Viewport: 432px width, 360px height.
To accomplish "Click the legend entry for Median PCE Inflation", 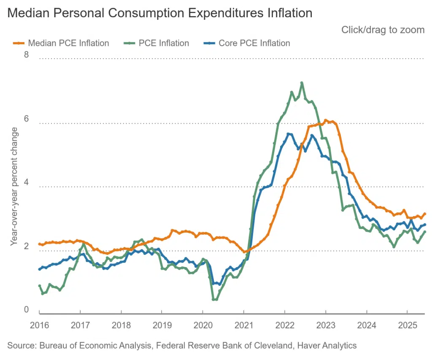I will (x=67, y=43).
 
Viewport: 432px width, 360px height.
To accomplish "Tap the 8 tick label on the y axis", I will (x=26, y=55).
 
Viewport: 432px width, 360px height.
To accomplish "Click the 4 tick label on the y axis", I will (x=26, y=182).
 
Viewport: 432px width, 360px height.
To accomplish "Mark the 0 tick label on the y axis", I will (x=26, y=309).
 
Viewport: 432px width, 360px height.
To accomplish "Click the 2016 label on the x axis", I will (x=39, y=325).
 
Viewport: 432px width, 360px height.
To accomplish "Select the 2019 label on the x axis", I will (x=162, y=325).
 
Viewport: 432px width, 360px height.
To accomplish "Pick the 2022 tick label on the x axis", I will (x=285, y=325).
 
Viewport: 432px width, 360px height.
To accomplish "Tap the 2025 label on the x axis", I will (x=408, y=325).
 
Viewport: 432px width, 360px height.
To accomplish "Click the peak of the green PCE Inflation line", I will (x=302, y=83).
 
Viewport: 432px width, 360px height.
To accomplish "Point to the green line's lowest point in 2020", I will (x=214, y=300).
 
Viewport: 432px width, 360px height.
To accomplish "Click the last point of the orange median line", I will (x=424, y=214).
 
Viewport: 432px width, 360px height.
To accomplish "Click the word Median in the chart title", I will (x=27, y=13).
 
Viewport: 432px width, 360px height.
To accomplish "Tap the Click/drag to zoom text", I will (x=382, y=30).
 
